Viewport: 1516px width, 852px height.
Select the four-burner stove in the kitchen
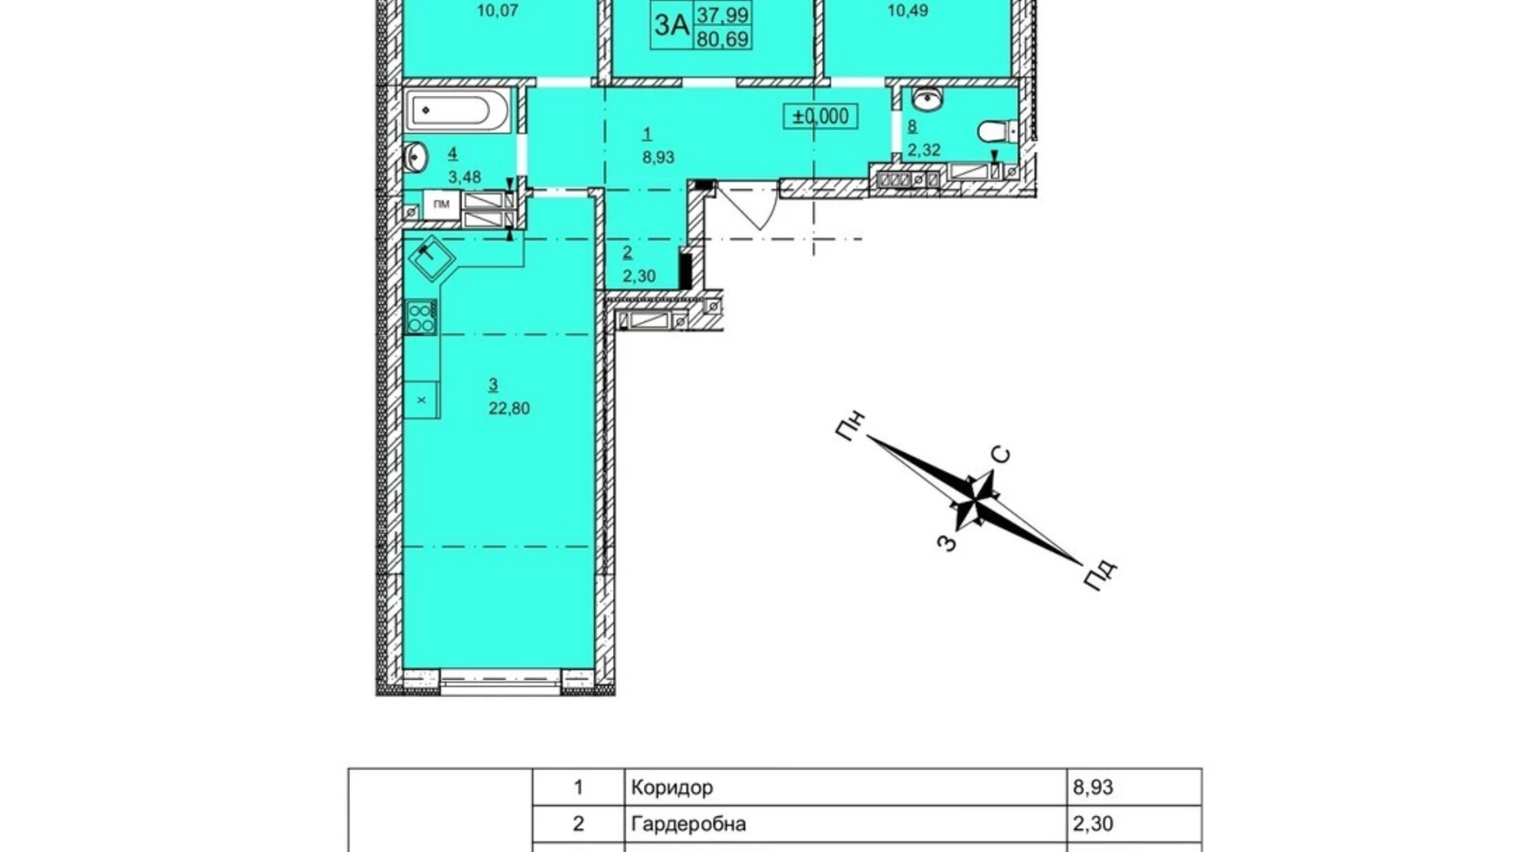(x=421, y=317)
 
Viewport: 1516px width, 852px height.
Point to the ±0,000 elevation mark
(x=820, y=116)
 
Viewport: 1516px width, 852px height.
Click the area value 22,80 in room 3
(x=509, y=408)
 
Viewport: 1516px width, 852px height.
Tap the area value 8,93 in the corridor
(x=658, y=157)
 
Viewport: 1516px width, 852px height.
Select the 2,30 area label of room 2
(x=638, y=276)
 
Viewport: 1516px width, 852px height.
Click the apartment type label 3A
(x=671, y=25)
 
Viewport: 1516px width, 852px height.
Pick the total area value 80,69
(x=723, y=39)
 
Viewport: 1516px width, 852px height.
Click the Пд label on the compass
(x=1100, y=574)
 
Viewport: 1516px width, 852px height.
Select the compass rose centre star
(x=975, y=499)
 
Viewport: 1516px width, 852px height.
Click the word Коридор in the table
(x=672, y=787)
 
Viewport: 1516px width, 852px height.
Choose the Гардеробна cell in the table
(x=688, y=823)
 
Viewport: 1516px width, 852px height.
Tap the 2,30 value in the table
(x=1093, y=823)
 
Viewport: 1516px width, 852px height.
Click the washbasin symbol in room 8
(x=928, y=100)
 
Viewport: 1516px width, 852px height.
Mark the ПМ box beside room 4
(x=442, y=204)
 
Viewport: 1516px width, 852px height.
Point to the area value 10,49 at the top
(x=908, y=11)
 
